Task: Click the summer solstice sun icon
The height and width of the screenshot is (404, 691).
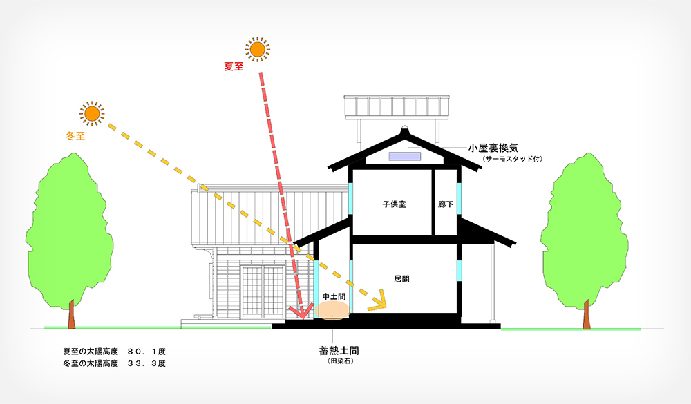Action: [x=257, y=49]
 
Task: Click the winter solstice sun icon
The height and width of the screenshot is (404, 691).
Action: [x=91, y=113]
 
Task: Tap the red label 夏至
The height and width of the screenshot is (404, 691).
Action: [x=234, y=67]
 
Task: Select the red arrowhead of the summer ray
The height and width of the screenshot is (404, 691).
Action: [x=299, y=312]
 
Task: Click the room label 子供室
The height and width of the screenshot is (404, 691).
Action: [x=393, y=204]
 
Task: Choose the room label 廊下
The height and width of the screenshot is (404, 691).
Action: [x=446, y=204]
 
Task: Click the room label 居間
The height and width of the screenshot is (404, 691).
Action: [x=403, y=279]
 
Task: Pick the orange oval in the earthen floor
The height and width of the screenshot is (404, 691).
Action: [x=332, y=311]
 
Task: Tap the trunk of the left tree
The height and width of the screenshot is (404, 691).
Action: [x=71, y=317]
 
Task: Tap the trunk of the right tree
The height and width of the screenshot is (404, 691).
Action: [x=586, y=317]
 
